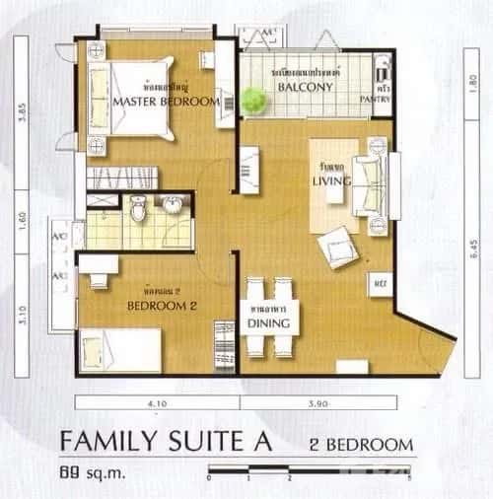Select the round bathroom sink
click(x=173, y=205)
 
